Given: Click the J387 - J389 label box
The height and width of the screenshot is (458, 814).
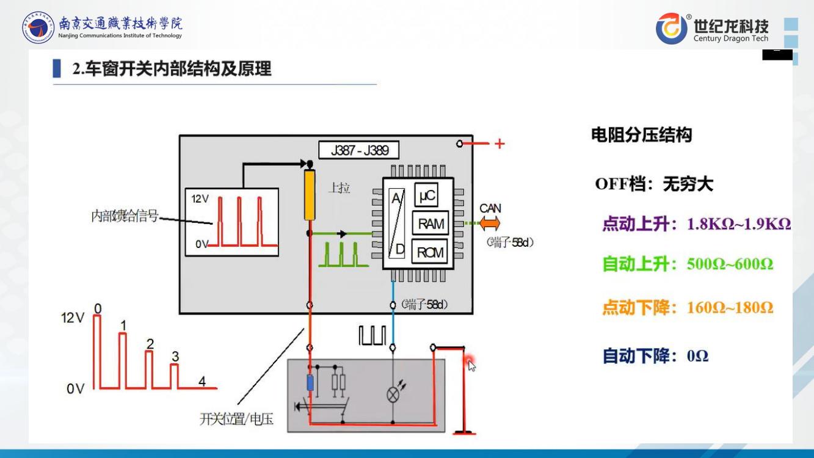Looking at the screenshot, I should point(359,150).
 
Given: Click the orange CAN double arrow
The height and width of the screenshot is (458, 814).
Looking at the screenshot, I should point(489,224).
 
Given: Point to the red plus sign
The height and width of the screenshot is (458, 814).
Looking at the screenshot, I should point(500,144).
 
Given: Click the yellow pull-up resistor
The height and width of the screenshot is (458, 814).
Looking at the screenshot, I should point(310,195).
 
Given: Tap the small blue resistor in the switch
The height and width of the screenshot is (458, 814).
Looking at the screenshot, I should point(310,383).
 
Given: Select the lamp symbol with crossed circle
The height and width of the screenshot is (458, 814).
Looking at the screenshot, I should point(393,394).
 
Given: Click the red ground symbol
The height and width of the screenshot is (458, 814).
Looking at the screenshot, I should point(464,433).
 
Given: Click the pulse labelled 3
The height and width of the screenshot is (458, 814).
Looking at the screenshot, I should point(175,375).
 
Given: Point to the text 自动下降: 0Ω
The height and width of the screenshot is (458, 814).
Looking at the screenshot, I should point(655,355).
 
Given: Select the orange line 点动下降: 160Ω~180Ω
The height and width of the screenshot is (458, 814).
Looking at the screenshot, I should point(688,307).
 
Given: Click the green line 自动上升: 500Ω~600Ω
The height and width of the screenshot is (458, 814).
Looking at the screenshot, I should point(688,264).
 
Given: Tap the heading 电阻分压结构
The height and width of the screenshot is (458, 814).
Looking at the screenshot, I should point(641,135).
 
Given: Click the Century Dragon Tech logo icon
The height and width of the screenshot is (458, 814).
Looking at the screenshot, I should point(670,29).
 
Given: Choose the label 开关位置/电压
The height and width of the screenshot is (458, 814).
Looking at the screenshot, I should point(236,420).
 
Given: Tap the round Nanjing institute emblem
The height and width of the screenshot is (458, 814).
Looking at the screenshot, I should point(38,28).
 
